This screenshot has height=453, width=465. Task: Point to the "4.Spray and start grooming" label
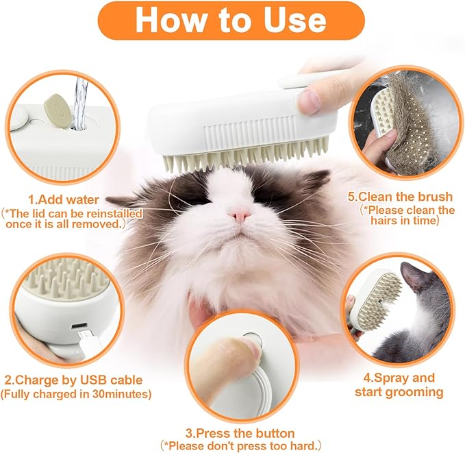399,385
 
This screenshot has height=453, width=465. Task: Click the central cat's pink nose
238,215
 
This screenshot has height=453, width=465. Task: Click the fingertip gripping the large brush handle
310,101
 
